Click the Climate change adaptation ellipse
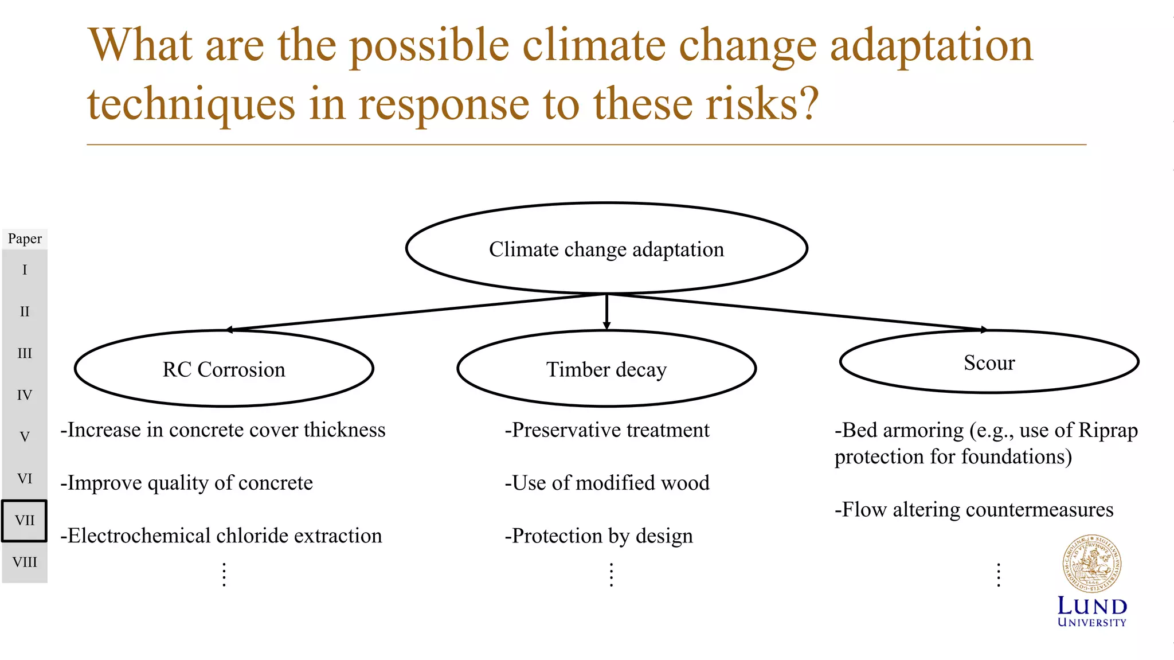point(606,249)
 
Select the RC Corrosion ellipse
point(224,369)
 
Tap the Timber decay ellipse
point(606,369)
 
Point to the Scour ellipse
point(989,362)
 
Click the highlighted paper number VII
point(25,521)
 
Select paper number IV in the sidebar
point(25,395)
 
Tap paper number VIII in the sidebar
point(25,563)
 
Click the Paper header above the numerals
point(25,239)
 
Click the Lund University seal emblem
point(1091,564)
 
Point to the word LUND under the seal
point(1092,606)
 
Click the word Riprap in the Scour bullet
point(1108,430)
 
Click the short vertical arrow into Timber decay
point(606,313)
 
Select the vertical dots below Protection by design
point(612,575)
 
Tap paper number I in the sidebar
point(25,270)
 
